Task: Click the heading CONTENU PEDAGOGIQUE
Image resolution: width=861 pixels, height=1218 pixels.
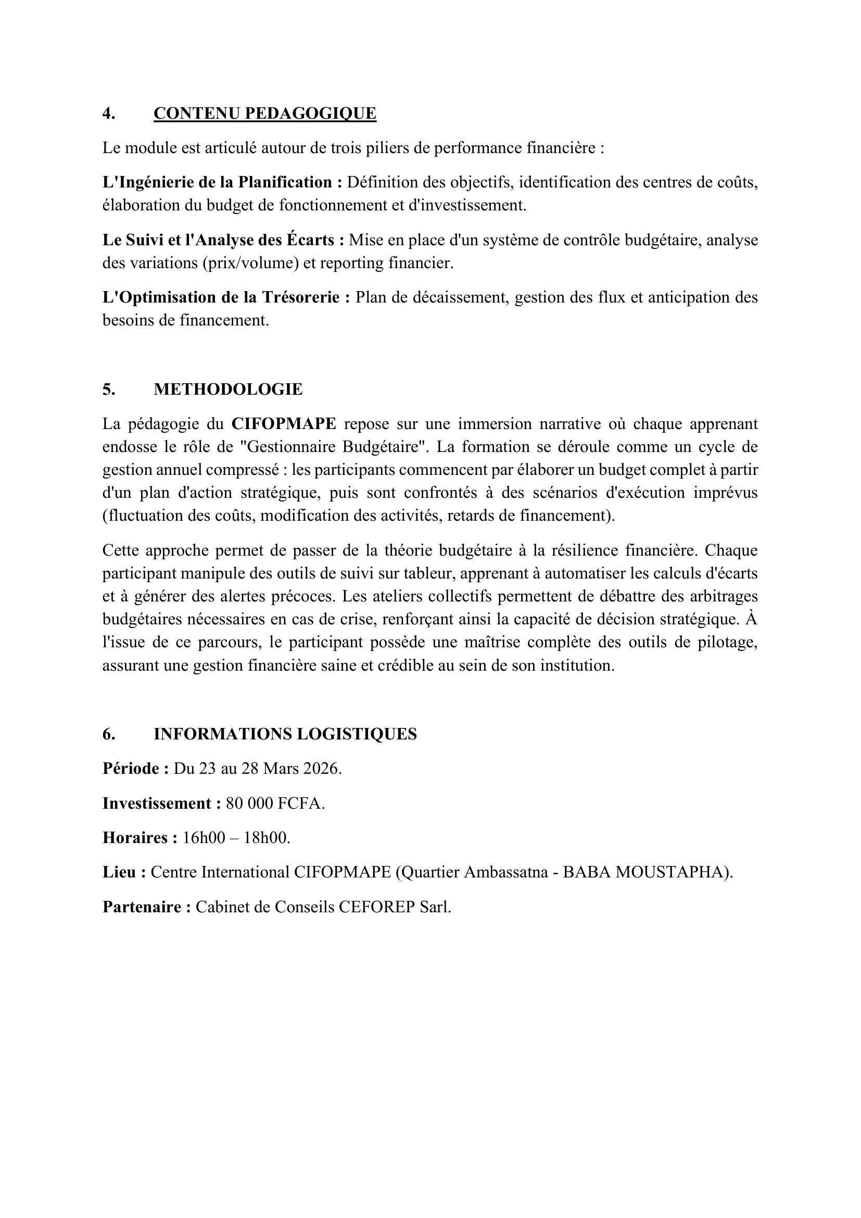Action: [264, 114]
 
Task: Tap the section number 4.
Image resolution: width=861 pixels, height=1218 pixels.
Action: [109, 114]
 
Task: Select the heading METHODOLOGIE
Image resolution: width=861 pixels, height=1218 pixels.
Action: [228, 390]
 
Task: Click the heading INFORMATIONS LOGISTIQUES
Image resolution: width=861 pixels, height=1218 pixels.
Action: [285, 734]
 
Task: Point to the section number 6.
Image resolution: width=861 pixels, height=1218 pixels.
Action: [109, 734]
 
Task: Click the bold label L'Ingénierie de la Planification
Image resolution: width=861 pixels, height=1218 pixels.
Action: [222, 182]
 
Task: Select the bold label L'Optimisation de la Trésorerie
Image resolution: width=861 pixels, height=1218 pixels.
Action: [226, 298]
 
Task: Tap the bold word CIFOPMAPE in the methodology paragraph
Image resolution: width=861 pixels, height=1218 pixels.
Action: [284, 424]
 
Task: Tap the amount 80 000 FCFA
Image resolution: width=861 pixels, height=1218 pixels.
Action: [274, 803]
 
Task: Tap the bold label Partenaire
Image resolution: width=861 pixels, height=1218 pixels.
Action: [146, 907]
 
